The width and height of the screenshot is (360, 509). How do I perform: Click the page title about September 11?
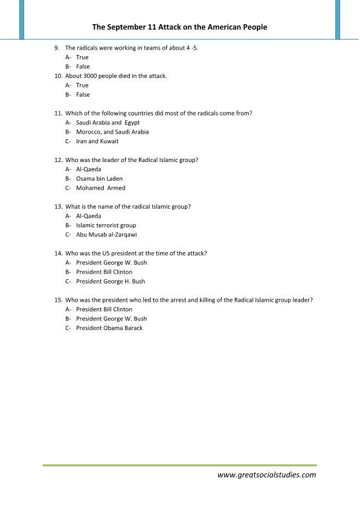tap(179, 27)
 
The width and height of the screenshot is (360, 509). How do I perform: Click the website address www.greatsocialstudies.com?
tap(266, 475)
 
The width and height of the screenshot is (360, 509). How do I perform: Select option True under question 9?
tap(82, 57)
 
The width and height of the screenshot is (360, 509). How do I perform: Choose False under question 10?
tap(83, 94)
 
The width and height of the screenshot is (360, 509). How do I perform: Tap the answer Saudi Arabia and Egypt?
tap(108, 122)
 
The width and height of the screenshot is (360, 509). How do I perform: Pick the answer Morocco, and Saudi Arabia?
tap(112, 132)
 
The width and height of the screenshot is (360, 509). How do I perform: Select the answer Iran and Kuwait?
tap(97, 141)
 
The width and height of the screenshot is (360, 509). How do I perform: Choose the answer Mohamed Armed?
tap(100, 188)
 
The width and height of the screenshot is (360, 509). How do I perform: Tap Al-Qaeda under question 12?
tap(89, 169)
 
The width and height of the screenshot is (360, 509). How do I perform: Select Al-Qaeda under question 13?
tap(89, 216)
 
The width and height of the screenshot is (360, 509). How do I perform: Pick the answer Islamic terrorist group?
tap(106, 225)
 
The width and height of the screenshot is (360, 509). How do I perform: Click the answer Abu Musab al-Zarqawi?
tap(106, 235)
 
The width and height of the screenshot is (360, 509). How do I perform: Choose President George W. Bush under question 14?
tap(111, 262)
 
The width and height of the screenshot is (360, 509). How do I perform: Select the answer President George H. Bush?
tap(111, 281)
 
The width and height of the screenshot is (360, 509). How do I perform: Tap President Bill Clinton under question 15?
tap(104, 309)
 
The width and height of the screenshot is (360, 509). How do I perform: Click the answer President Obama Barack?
tap(109, 328)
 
